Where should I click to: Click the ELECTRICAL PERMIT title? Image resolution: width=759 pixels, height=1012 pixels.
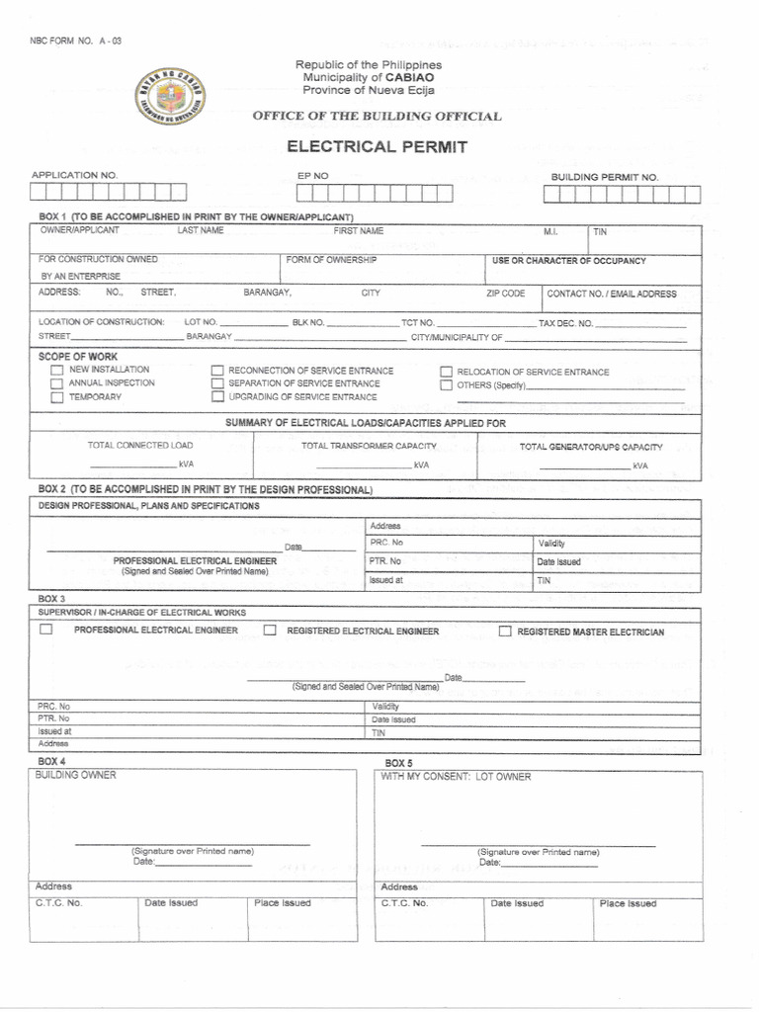[377, 147]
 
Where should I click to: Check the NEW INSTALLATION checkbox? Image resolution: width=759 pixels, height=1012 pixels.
[57, 370]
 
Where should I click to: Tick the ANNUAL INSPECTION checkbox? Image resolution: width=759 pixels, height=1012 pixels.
[57, 383]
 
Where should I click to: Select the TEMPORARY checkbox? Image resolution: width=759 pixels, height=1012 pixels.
[57, 397]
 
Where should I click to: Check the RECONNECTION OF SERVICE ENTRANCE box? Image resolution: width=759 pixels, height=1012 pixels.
[217, 371]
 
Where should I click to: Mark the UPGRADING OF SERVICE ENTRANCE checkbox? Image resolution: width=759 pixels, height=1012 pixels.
[217, 397]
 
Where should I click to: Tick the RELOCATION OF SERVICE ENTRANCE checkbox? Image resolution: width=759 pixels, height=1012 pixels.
[446, 373]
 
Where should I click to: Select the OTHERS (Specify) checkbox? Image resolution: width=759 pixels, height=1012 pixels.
[446, 385]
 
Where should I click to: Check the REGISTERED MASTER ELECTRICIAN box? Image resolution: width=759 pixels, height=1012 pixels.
[505, 632]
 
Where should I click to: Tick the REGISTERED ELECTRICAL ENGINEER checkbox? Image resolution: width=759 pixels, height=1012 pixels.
[270, 631]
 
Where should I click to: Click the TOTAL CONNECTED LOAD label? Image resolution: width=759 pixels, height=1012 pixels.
[140, 446]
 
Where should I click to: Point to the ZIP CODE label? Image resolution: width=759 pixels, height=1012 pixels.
[505, 294]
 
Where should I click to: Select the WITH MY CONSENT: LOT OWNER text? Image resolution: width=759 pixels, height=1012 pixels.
[456, 777]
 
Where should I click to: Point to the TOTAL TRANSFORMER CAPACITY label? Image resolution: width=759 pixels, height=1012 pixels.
[369, 446]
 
